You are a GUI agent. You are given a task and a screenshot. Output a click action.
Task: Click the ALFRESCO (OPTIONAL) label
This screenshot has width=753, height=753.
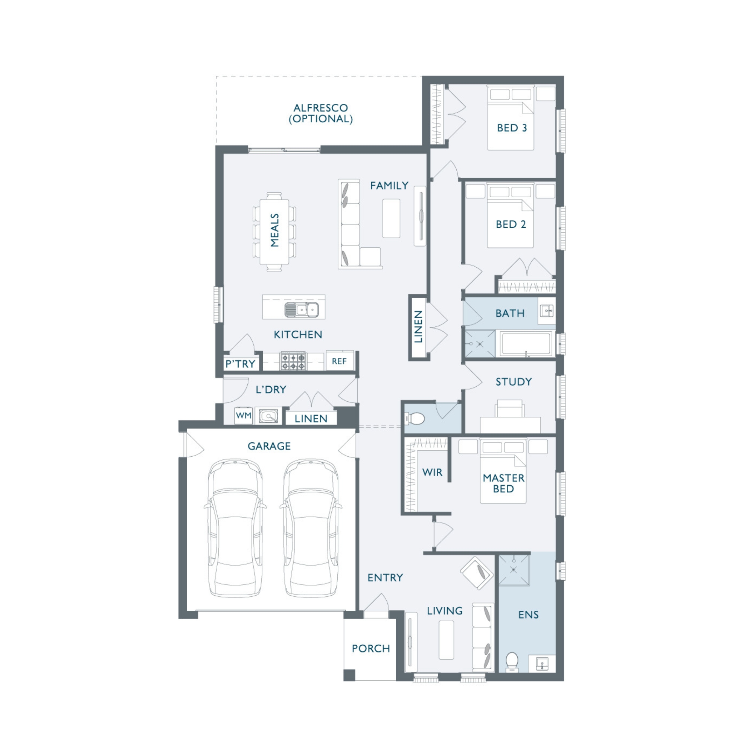(321, 113)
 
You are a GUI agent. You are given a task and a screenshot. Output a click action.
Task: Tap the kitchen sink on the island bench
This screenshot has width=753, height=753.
(302, 310)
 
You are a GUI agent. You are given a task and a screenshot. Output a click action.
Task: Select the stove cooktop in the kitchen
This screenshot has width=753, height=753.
(294, 361)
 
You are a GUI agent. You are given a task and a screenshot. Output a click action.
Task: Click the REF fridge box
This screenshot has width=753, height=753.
(340, 361)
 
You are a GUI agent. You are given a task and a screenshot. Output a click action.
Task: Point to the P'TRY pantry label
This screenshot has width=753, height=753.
(241, 364)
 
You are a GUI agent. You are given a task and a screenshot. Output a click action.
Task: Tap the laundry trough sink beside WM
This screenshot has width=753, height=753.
(268, 416)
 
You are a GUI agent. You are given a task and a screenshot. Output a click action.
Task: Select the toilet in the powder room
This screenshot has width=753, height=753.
(415, 419)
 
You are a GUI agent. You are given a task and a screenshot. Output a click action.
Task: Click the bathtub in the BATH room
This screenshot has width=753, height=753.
(527, 343)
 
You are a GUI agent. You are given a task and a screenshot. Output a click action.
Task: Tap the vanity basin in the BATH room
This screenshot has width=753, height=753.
(547, 311)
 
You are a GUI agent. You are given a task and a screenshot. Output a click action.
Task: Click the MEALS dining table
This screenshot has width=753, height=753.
(275, 232)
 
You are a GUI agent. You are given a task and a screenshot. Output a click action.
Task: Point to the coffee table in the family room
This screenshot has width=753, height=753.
(391, 218)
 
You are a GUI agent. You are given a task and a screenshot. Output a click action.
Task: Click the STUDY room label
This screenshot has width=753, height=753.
(514, 381)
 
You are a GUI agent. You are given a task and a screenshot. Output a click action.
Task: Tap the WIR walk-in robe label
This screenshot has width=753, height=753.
(432, 472)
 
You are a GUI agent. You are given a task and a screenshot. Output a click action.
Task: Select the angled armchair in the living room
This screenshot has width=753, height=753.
(477, 573)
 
